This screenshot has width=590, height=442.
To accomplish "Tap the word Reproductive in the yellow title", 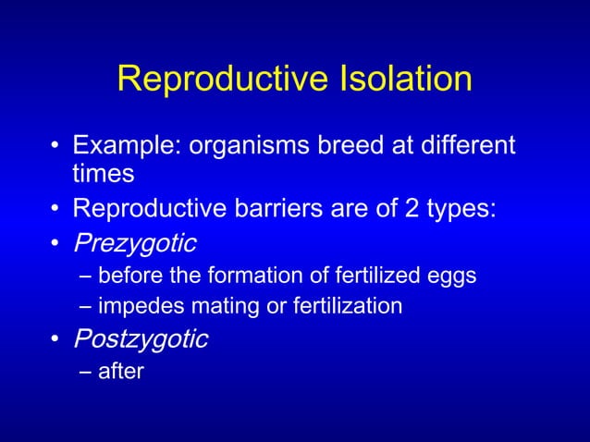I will tap(212, 80).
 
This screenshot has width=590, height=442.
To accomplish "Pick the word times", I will tap(104, 173).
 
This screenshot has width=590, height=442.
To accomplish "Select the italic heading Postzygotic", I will tap(140, 340).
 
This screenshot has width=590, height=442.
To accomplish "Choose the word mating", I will tap(208, 306).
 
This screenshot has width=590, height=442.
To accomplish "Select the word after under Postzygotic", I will tap(121, 372).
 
